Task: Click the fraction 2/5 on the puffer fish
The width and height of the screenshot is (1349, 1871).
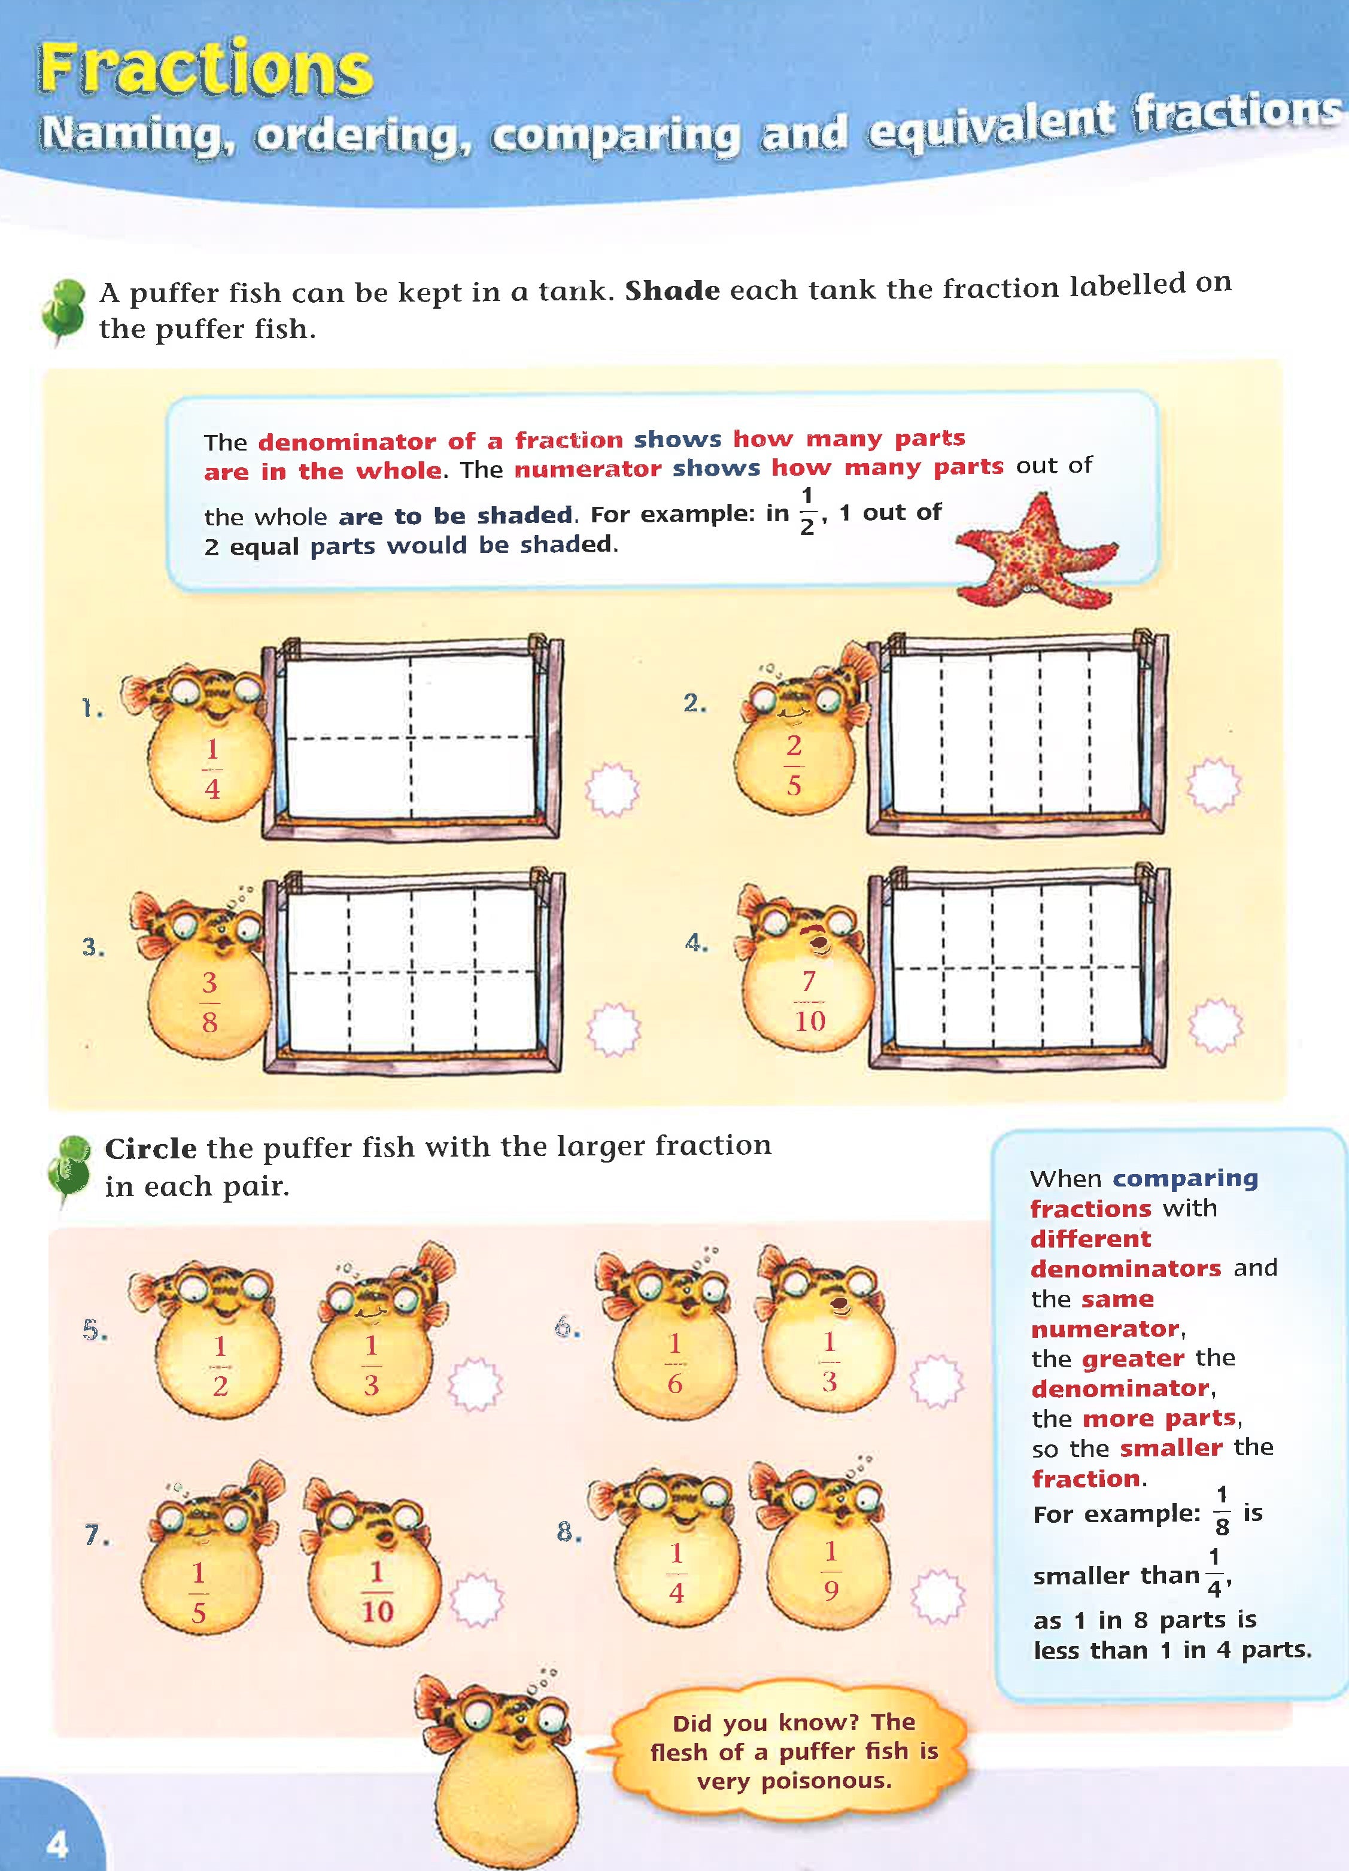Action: point(793,765)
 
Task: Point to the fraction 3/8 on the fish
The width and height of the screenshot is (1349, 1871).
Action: point(209,1002)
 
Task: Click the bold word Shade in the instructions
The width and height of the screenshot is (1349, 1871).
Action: point(672,290)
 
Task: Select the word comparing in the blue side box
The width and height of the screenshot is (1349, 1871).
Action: point(1185,1178)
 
